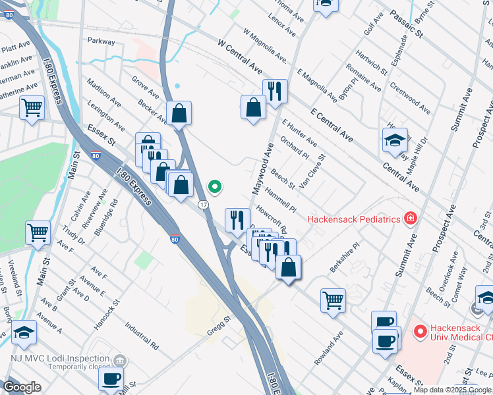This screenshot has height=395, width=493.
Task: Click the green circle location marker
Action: pyautogui.click(x=214, y=187)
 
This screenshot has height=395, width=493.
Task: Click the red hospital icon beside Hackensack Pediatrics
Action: pyautogui.click(x=410, y=218)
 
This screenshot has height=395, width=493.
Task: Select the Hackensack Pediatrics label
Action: pyautogui.click(x=353, y=219)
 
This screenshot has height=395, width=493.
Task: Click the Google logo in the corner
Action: pyautogui.click(x=22, y=387)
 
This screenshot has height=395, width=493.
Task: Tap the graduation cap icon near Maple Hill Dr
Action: pyautogui.click(x=395, y=140)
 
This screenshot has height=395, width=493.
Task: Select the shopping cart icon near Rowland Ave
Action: pyautogui.click(x=333, y=300)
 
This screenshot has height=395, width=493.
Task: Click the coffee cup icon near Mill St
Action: pyautogui.click(x=111, y=379)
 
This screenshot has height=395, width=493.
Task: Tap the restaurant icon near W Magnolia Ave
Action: pyautogui.click(x=274, y=90)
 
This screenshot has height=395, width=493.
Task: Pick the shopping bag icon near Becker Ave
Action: pyautogui.click(x=179, y=113)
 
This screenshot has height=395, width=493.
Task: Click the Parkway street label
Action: pyautogui.click(x=100, y=41)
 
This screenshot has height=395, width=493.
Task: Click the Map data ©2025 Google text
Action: pyautogui.click(x=451, y=390)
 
